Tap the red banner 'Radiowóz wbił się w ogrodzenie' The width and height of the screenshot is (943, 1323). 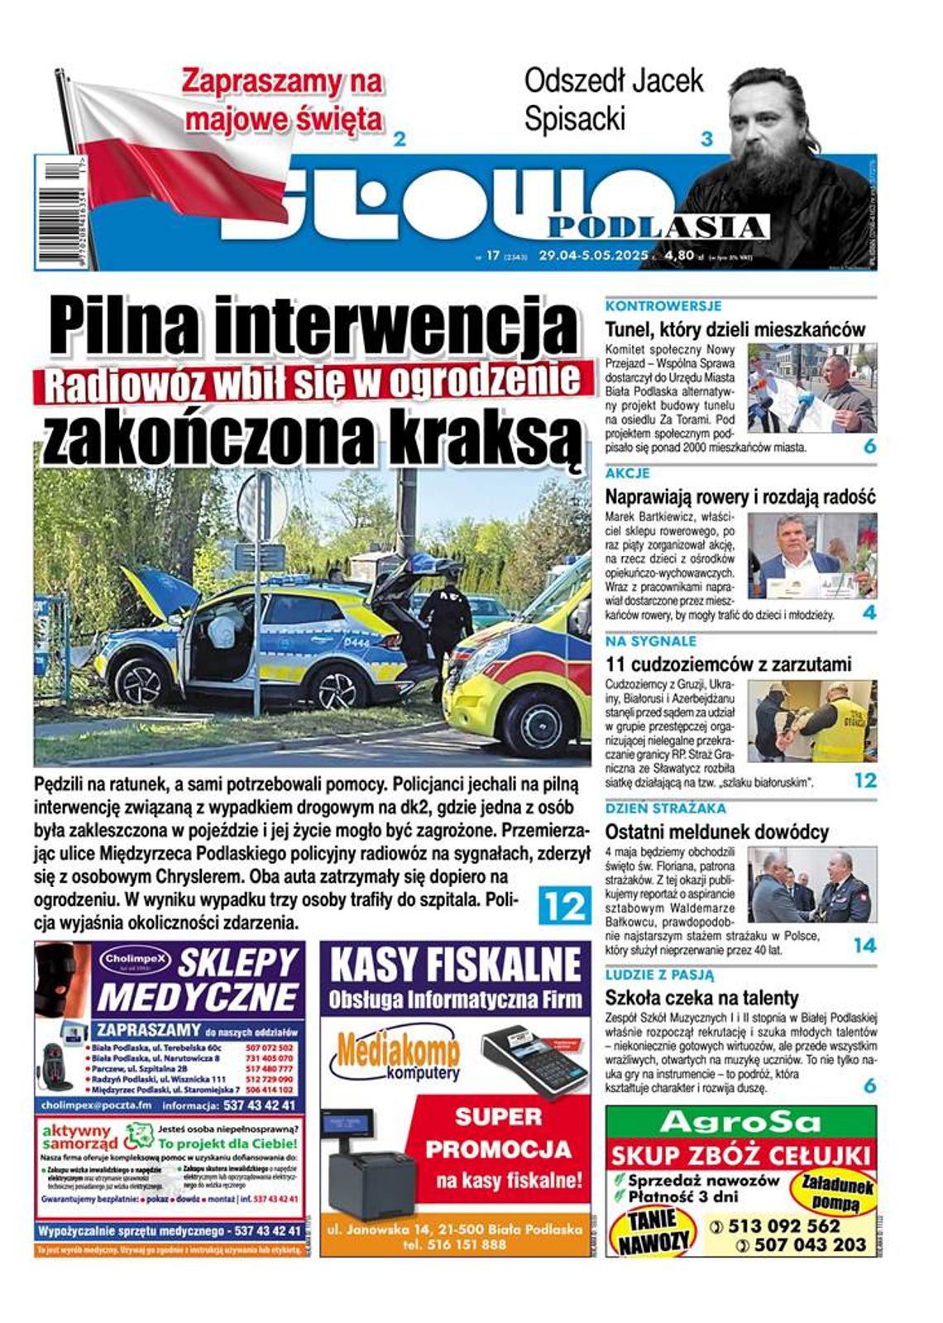pos(314,382)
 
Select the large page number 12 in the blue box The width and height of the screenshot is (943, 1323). pos(564,905)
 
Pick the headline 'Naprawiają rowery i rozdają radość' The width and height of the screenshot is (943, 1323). pos(740,497)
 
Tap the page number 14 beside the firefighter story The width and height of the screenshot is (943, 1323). pos(864,945)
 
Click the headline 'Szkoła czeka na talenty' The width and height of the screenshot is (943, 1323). pos(701,997)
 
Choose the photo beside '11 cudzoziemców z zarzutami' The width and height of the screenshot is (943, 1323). pos(811,721)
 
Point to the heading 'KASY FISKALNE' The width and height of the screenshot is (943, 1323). pos(455,965)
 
